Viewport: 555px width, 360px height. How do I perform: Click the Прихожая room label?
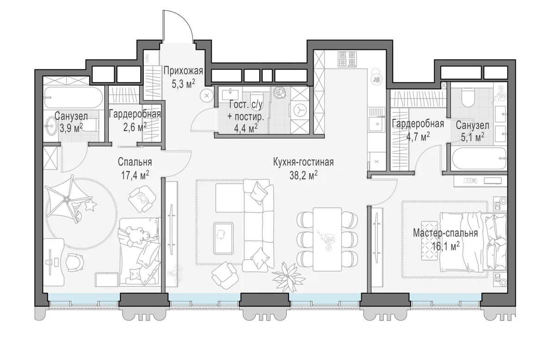[x=183, y=71]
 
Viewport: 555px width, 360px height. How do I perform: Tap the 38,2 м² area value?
[x=303, y=175]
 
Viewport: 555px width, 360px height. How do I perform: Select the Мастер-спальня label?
[x=445, y=233]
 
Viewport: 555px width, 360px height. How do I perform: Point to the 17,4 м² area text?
[x=135, y=175]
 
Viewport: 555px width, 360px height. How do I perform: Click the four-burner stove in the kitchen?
[x=347, y=60]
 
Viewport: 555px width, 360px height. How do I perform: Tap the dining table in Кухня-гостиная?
[x=327, y=239]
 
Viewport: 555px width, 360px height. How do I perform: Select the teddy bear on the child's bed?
[x=139, y=236]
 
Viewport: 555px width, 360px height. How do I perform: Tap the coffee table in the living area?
[x=223, y=238]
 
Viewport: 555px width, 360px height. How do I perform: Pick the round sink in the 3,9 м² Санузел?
[x=51, y=126]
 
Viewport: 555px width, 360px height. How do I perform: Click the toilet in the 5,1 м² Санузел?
[x=468, y=98]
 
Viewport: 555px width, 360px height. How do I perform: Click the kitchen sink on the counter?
[x=376, y=124]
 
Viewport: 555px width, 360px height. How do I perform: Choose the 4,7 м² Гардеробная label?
[x=418, y=130]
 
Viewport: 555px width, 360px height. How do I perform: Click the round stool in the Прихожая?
[x=207, y=96]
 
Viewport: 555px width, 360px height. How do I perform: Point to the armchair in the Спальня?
[x=142, y=199]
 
